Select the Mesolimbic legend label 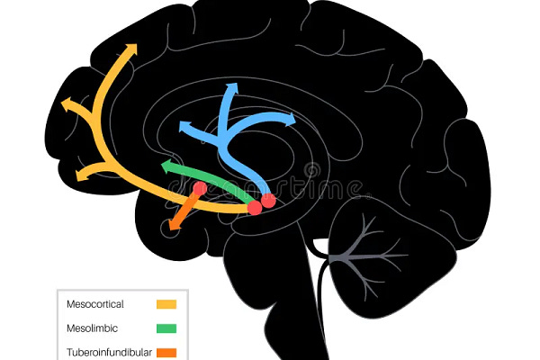(x=92, y=328)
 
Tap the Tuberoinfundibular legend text (x=109, y=352)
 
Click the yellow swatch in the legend (x=166, y=304)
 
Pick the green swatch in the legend (x=166, y=328)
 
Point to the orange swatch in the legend (x=166, y=352)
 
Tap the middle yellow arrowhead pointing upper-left (x=67, y=105)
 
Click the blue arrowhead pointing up (x=232, y=88)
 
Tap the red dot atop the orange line (x=200, y=189)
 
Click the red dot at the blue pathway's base (x=267, y=201)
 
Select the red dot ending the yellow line (x=255, y=208)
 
